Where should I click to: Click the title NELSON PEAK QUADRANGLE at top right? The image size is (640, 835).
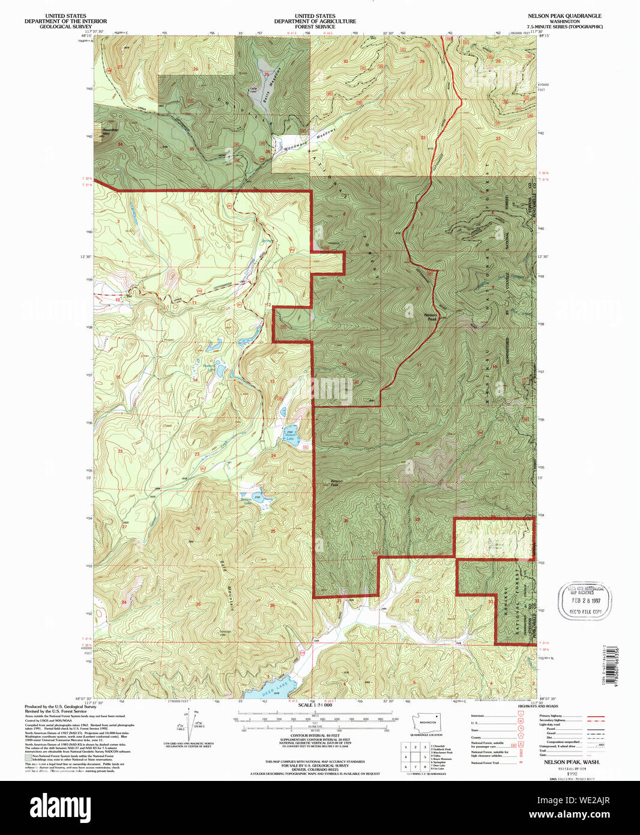pyautogui.click(x=564, y=16)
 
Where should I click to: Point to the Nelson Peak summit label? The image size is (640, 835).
pyautogui.click(x=430, y=316)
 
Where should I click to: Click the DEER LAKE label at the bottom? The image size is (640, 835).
pyautogui.click(x=276, y=689)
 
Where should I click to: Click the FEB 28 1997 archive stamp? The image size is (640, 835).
pyautogui.click(x=585, y=600)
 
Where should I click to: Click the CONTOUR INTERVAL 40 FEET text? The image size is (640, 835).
pyautogui.click(x=315, y=735)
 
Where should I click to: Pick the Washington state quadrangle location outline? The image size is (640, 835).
pyautogui.click(x=427, y=723)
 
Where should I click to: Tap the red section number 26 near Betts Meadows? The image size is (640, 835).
pyautogui.click(x=196, y=69)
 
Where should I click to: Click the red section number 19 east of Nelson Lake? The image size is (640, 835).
pyautogui.click(x=346, y=443)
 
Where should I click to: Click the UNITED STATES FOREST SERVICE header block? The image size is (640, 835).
pyautogui.click(x=315, y=22)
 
